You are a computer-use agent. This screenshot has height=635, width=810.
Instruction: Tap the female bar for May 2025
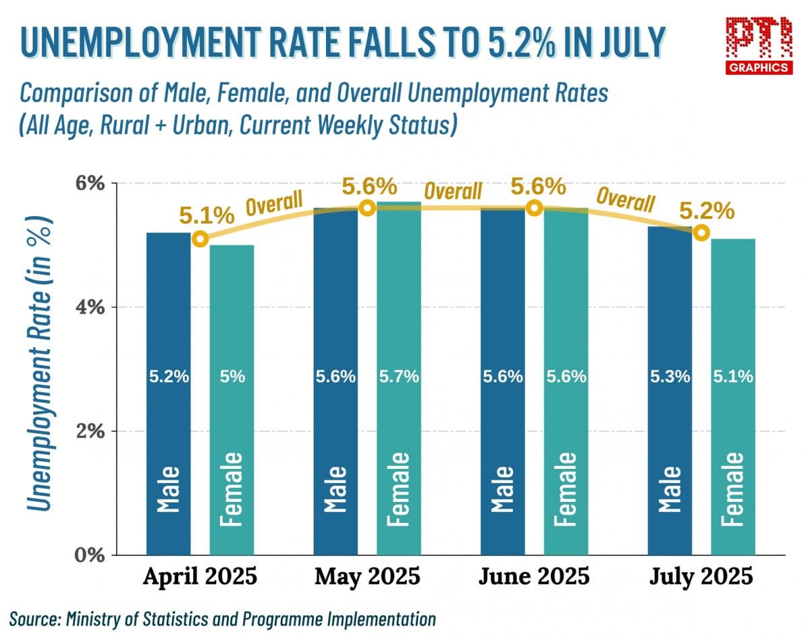coord(398,378)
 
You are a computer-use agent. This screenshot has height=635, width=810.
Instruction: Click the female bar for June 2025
coord(566,382)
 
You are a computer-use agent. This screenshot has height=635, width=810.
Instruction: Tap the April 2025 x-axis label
coord(200,578)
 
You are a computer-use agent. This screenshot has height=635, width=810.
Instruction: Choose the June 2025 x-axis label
coord(534,578)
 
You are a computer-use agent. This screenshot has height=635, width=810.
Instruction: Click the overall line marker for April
coord(200,238)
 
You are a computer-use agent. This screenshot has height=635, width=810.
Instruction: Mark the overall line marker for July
coord(701,233)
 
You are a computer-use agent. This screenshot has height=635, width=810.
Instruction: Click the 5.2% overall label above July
coord(706,211)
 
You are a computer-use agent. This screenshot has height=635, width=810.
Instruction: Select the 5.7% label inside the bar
coord(398,377)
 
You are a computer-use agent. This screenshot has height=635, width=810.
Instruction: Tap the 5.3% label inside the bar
coord(670,377)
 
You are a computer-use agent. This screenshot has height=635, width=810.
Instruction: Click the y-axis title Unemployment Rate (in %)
coord(40,365)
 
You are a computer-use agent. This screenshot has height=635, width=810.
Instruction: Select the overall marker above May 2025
coord(367,208)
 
